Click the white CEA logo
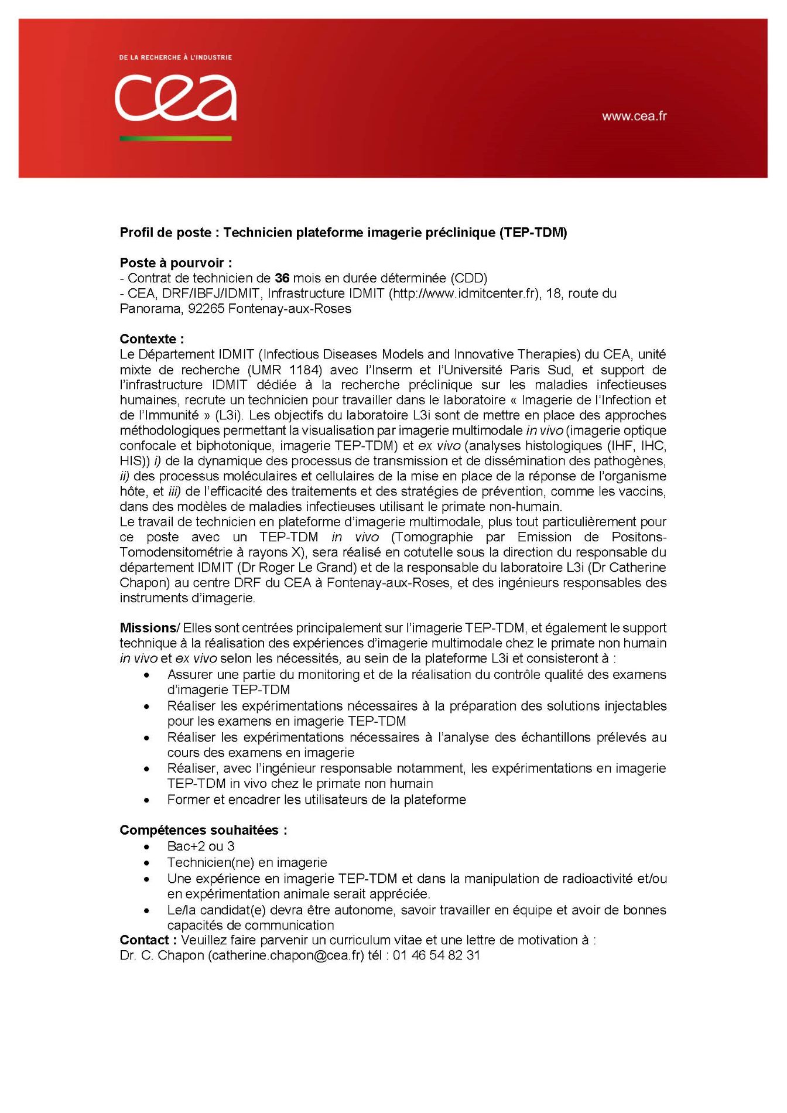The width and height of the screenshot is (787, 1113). (176, 98)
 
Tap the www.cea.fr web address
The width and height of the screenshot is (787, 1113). (634, 116)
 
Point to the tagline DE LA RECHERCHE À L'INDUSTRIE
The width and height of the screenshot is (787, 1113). (175, 57)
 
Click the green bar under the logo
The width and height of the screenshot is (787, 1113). (176, 138)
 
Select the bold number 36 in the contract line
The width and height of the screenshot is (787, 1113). (282, 278)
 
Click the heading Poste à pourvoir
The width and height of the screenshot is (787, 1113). (176, 263)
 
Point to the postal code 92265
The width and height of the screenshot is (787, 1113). (206, 309)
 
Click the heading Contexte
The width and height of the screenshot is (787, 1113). (152, 339)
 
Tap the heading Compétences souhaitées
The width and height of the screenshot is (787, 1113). (203, 830)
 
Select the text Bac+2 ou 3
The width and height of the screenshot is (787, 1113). (201, 846)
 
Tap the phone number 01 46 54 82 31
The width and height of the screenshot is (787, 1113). (436, 955)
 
